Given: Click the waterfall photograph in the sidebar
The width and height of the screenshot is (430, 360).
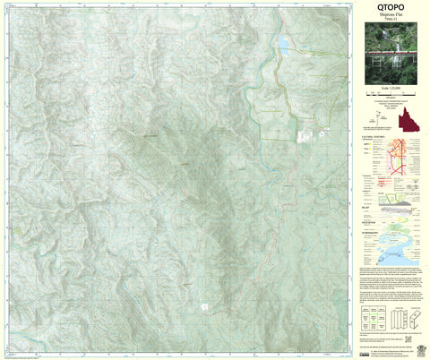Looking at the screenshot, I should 391,56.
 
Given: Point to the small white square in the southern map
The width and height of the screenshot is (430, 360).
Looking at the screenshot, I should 204,306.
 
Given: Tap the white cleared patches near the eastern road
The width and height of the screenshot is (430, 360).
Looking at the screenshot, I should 307,137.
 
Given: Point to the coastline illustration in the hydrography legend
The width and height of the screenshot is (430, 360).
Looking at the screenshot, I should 399,250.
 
